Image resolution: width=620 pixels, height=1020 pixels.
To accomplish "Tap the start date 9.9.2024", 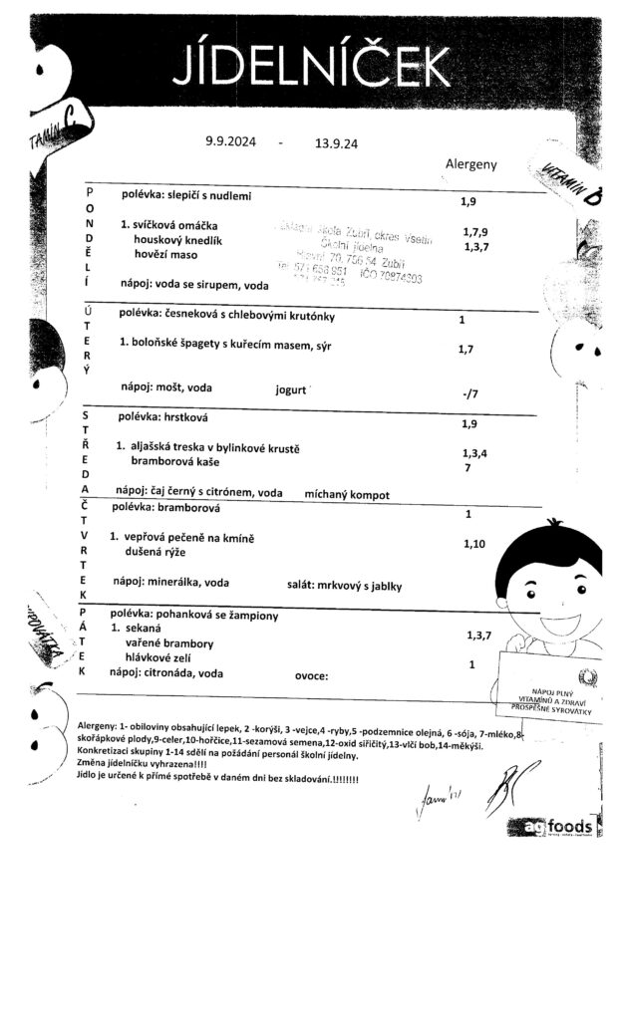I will (230, 141).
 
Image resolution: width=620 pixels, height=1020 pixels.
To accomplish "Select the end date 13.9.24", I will (336, 143).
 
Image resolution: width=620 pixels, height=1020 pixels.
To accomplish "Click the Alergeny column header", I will (470, 165).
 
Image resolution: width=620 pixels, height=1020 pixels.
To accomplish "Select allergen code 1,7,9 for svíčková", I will (475, 232).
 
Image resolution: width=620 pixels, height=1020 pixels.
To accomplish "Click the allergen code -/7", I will (470, 394).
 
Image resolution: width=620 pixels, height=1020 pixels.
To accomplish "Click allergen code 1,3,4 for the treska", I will (475, 452).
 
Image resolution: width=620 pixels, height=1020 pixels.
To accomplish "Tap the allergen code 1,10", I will (474, 544).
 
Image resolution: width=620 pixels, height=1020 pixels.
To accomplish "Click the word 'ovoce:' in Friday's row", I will (311, 675).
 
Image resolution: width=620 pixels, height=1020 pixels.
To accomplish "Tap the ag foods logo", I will (563, 827).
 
